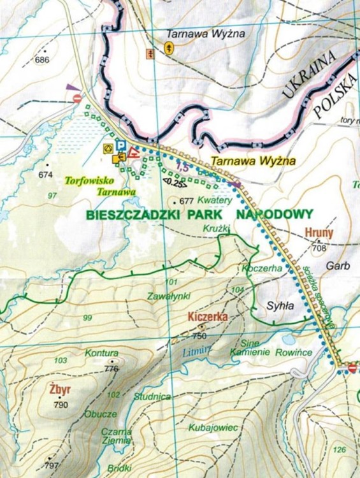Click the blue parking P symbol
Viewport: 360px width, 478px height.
point(120,145)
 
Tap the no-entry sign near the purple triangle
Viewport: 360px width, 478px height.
point(76,98)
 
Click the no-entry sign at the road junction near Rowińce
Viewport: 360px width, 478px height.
point(353,368)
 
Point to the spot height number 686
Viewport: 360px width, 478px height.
point(42,60)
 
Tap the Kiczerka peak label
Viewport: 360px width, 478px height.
point(207,316)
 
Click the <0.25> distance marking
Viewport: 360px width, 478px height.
point(174,185)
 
